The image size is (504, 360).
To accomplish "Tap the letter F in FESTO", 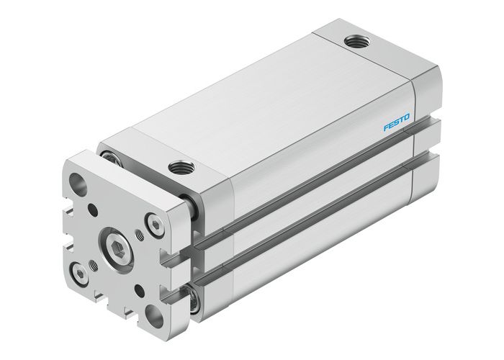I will pos(386,127).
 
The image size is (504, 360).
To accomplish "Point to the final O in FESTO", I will pos(407,117).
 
